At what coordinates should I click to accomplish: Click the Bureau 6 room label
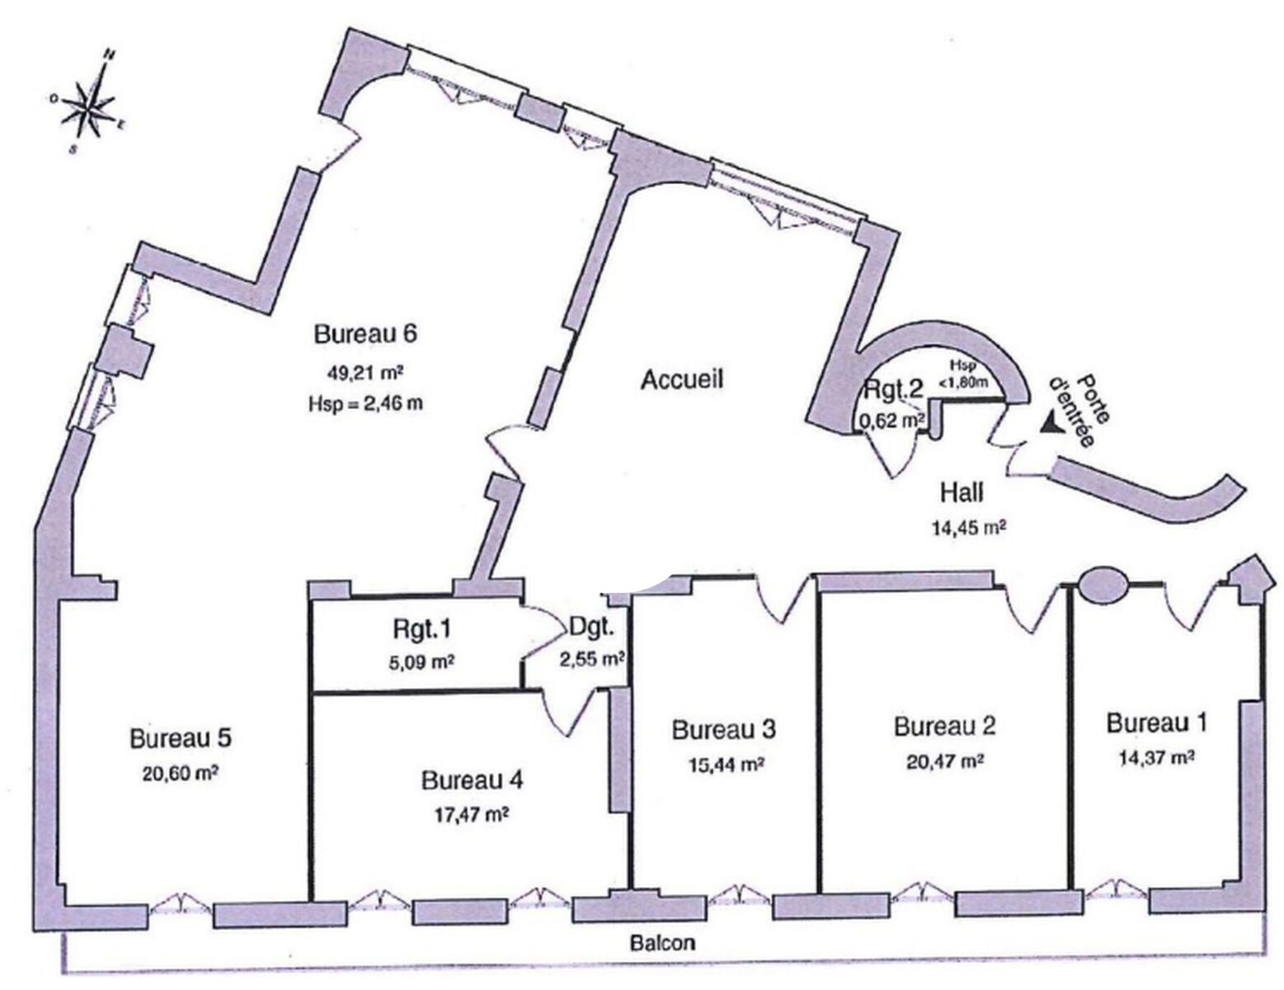[365, 334]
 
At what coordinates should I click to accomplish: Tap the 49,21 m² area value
[365, 373]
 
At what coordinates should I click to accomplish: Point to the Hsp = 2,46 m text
[365, 404]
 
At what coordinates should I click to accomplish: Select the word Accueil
[682, 380]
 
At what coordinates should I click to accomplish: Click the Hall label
[962, 493]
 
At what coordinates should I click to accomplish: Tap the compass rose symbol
[90, 106]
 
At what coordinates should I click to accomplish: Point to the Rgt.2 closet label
[893, 389]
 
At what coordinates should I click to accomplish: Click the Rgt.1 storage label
[421, 629]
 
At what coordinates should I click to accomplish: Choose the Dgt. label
[591, 629]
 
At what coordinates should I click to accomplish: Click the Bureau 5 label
[181, 738]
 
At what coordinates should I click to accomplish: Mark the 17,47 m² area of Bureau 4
[473, 815]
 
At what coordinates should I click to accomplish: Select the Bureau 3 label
[724, 730]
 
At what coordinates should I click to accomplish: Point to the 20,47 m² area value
[945, 761]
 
